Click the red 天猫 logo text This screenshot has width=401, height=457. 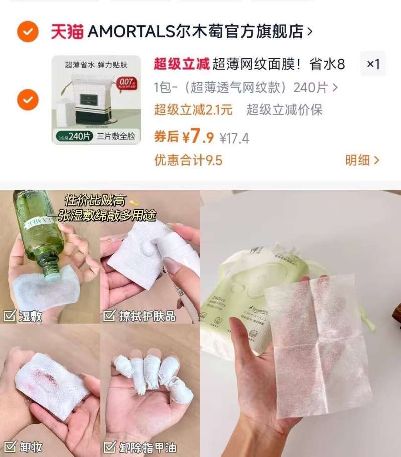67,32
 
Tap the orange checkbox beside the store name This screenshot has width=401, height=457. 28,32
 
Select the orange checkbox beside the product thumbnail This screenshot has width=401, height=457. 28,99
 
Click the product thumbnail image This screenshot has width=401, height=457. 96,100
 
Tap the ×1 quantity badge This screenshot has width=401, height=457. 373,64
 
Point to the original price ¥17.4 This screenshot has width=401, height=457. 234,138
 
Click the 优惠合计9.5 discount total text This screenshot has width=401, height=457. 188,160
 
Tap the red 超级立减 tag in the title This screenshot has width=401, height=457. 181,64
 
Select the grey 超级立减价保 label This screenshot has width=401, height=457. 284,110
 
